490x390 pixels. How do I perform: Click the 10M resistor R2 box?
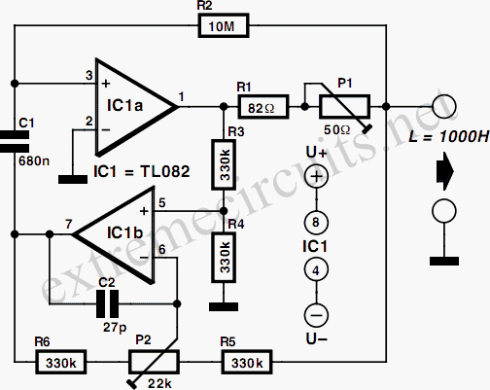tap(224, 25)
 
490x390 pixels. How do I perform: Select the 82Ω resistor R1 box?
tap(263, 107)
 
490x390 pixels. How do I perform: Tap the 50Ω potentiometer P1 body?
tap(345, 107)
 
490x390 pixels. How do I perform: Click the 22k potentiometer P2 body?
tap(154, 362)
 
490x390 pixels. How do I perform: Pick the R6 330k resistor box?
tap(60, 362)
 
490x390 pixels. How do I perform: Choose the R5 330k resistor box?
tap(247, 362)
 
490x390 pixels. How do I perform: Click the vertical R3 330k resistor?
tap(224, 164)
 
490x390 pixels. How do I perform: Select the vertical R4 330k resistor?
tap(224, 258)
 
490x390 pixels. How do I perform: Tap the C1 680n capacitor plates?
tap(15, 141)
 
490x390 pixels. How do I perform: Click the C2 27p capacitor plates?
tap(108, 303)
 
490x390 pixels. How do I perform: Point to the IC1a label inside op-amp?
tap(124, 106)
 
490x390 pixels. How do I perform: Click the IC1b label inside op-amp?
tap(125, 232)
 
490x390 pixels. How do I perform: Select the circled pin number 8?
tap(316, 223)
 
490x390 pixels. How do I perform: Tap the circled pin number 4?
tap(316, 269)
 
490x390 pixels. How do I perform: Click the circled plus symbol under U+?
tap(317, 176)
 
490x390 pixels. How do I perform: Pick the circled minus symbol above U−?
tap(316, 315)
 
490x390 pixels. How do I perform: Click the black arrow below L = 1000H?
tap(445, 171)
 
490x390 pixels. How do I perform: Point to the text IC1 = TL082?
tap(142, 171)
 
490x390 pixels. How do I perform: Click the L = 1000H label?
tap(449, 136)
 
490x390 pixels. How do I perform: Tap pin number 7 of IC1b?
tap(68, 224)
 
